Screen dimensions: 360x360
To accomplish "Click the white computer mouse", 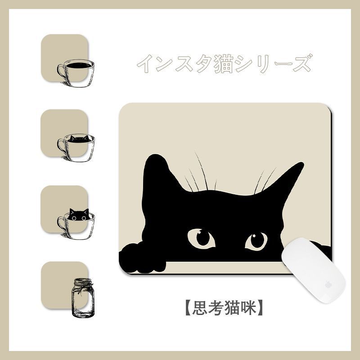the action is (313, 270).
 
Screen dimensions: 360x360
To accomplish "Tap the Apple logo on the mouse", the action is (328, 285).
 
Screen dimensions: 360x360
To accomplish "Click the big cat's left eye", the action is (201, 239).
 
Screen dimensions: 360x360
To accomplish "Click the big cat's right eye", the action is (256, 241).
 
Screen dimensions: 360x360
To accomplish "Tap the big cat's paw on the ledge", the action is (141, 258).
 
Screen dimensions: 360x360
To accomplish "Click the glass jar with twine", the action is (83, 298).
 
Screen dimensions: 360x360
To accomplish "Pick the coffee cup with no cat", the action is (76, 73).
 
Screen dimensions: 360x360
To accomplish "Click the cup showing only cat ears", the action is (76, 148).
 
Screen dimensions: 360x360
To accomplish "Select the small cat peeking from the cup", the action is (79, 215).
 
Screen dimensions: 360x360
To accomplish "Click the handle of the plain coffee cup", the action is (62, 72).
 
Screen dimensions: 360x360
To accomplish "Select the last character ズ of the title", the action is (302, 63).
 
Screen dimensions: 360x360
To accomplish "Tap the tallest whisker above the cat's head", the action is (201, 171).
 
